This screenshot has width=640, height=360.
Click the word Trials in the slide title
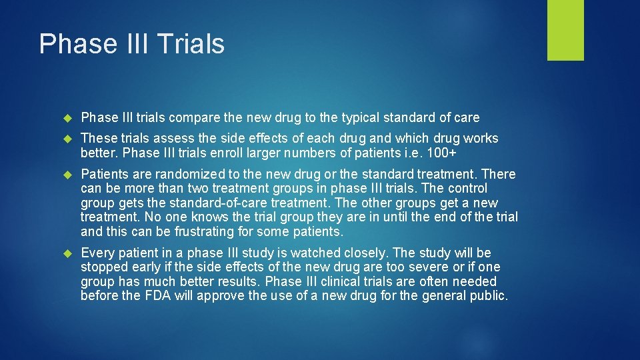tap(191, 44)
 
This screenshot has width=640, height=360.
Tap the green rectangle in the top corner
tap(565, 30)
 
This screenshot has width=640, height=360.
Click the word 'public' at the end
tap(489, 296)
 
